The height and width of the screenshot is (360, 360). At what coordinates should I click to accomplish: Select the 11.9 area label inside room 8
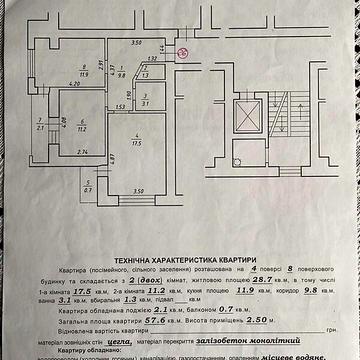[x=85, y=72]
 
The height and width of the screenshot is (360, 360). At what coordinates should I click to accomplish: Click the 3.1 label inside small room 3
[x=145, y=102]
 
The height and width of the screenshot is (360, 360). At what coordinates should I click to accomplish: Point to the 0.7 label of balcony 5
[x=87, y=190]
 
